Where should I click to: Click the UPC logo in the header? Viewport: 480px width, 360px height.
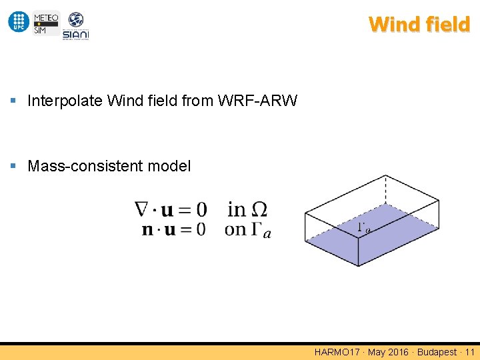point(19,22)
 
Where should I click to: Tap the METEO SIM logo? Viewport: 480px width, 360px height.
point(46,23)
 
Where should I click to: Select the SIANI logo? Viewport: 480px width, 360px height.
point(75,26)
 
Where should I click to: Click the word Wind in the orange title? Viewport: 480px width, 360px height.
point(393,25)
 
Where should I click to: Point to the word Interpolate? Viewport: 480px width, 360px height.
point(65,101)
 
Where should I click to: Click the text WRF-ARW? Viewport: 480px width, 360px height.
point(257,101)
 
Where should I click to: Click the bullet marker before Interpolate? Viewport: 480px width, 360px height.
point(14,101)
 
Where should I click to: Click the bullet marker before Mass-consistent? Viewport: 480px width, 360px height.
point(14,166)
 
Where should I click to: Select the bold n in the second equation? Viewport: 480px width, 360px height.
point(147,230)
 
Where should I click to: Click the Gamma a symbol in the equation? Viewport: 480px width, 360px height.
point(262,230)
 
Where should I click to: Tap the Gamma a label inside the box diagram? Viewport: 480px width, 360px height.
point(364,228)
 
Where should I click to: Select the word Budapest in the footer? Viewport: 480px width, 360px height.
point(437,352)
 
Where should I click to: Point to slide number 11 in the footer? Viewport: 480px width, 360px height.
point(470,352)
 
